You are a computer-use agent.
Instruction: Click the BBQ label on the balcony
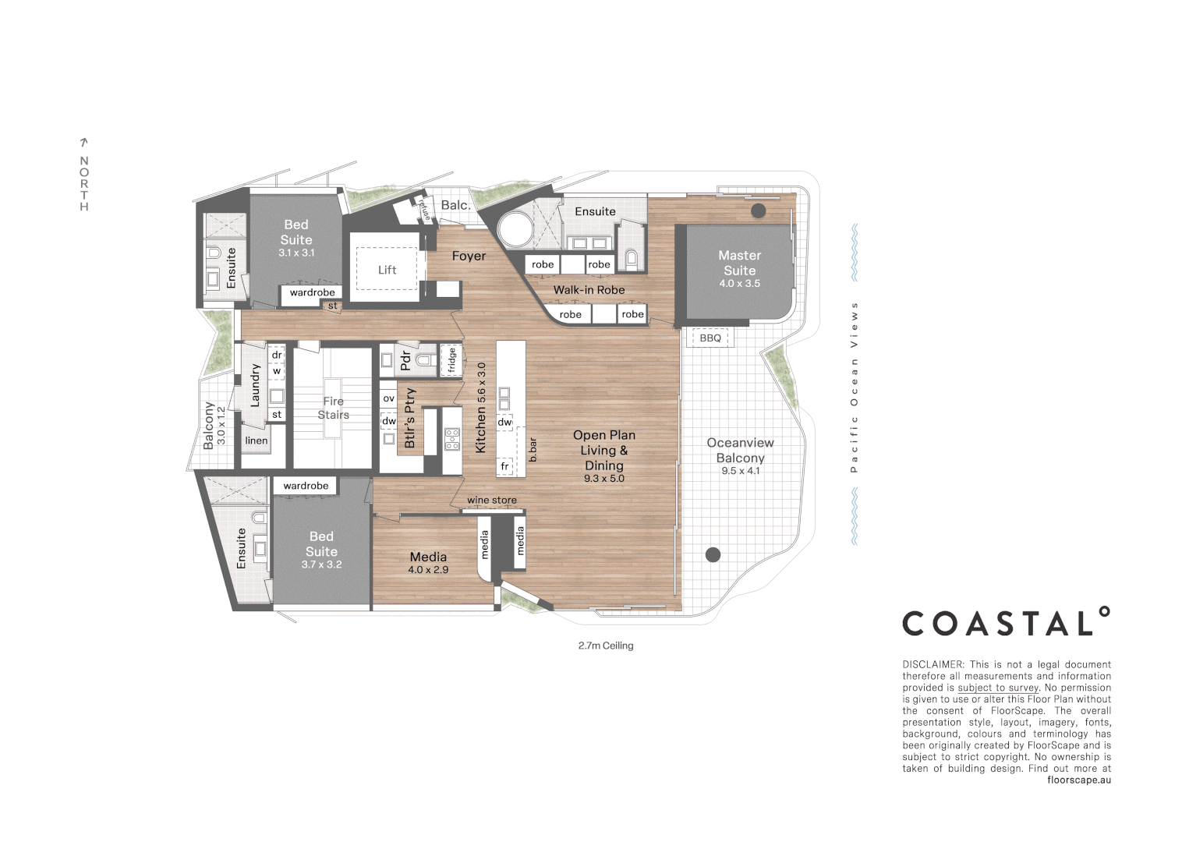[710, 338]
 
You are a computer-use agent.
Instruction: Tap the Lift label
[387, 270]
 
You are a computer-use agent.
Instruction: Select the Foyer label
[469, 256]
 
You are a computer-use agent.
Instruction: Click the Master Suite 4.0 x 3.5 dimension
[739, 284]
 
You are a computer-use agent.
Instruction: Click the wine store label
[491, 500]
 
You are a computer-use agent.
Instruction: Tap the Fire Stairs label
[333, 408]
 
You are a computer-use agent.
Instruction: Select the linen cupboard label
[256, 440]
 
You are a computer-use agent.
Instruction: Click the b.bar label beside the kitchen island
[533, 450]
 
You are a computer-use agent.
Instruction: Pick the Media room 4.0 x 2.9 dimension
[428, 570]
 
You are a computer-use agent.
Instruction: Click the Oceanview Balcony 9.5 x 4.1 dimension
[740, 471]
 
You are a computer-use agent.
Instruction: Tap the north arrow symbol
[84, 143]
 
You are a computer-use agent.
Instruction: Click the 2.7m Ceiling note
[606, 646]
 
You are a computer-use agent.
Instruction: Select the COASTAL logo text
[1005, 623]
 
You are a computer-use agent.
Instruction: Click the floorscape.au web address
[1079, 780]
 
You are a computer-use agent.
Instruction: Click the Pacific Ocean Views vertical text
[854, 387]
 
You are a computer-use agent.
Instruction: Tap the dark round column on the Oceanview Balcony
[713, 555]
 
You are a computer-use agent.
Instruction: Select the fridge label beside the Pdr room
[451, 361]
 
